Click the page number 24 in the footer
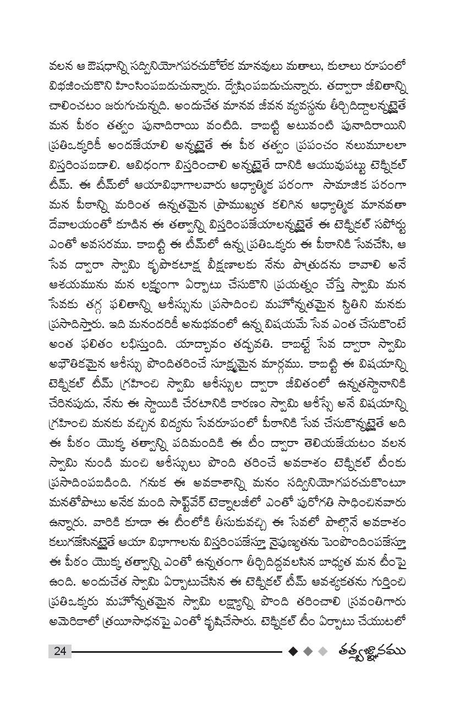60,651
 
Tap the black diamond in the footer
293,651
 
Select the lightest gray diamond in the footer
323,651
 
